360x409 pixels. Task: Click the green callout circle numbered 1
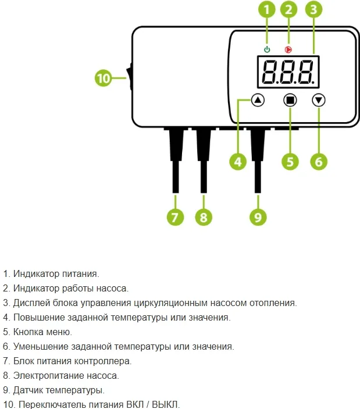coord(267,9)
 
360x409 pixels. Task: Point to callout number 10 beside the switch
coord(104,78)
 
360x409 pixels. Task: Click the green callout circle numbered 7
coord(175,218)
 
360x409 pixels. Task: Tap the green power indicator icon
coord(267,49)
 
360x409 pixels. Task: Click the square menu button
coord(290,100)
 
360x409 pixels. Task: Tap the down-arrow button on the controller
coord(318,100)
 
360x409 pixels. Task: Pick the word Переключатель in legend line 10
coord(49,404)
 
